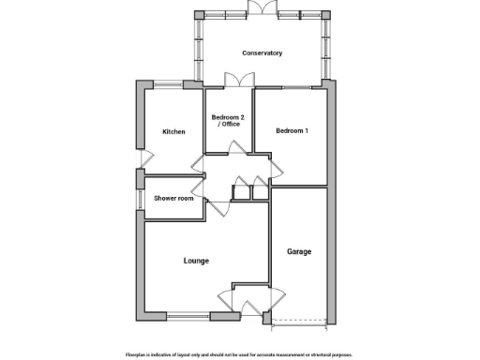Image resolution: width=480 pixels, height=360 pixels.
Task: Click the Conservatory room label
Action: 262,53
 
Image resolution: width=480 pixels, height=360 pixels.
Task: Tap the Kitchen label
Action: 173,131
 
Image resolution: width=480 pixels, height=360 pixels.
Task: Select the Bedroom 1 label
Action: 291,131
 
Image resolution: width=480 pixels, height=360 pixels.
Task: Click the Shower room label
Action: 173,198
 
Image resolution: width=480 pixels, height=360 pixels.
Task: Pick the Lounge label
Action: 196,261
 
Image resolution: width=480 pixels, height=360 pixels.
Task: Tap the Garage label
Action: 299,251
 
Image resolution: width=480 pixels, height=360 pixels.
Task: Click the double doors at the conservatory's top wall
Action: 262,9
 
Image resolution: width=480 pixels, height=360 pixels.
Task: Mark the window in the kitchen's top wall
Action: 170,85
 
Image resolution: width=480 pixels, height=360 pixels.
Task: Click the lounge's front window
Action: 187,316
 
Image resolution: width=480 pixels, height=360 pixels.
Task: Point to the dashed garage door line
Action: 298,322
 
